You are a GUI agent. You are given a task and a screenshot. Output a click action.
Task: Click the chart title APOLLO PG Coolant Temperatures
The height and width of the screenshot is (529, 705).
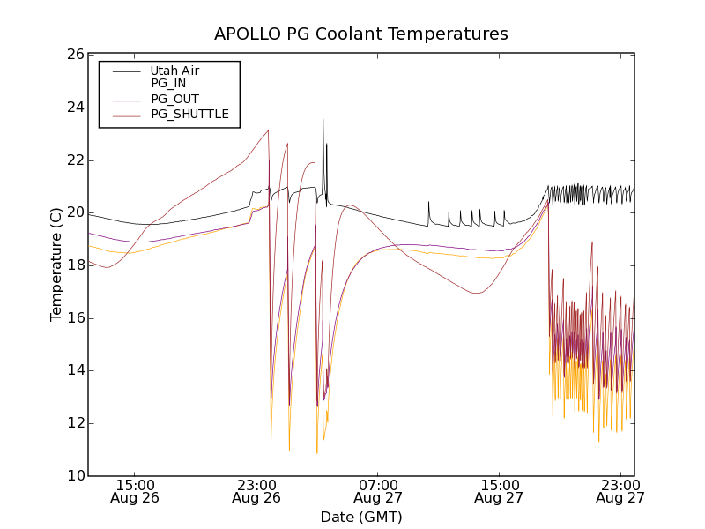click(x=361, y=34)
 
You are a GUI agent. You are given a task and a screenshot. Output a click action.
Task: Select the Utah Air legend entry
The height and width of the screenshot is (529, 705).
click(x=174, y=71)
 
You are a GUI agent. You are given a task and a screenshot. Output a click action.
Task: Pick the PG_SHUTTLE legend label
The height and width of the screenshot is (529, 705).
click(x=189, y=114)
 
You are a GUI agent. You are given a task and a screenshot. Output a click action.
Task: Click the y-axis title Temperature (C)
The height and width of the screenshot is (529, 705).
click(x=56, y=264)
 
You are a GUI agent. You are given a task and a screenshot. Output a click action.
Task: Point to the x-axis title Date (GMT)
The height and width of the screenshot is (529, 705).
click(x=361, y=517)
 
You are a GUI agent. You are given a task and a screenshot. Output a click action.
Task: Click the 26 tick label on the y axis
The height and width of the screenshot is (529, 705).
click(x=75, y=55)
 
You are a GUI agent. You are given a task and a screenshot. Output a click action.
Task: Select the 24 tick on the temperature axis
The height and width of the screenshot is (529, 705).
click(x=75, y=108)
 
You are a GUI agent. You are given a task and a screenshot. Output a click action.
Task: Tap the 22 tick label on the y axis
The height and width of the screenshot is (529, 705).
click(x=75, y=160)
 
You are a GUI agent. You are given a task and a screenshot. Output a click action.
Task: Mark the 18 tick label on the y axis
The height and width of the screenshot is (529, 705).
click(x=75, y=265)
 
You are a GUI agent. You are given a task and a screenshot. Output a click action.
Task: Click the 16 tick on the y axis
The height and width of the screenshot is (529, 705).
click(x=75, y=318)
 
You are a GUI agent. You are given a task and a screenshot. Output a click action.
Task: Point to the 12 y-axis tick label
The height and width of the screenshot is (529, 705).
click(x=75, y=423)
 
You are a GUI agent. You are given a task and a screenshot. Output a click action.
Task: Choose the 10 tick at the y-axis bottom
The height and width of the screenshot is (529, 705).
click(x=75, y=476)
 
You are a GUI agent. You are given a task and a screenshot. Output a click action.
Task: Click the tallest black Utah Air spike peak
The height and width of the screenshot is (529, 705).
click(x=323, y=120)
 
